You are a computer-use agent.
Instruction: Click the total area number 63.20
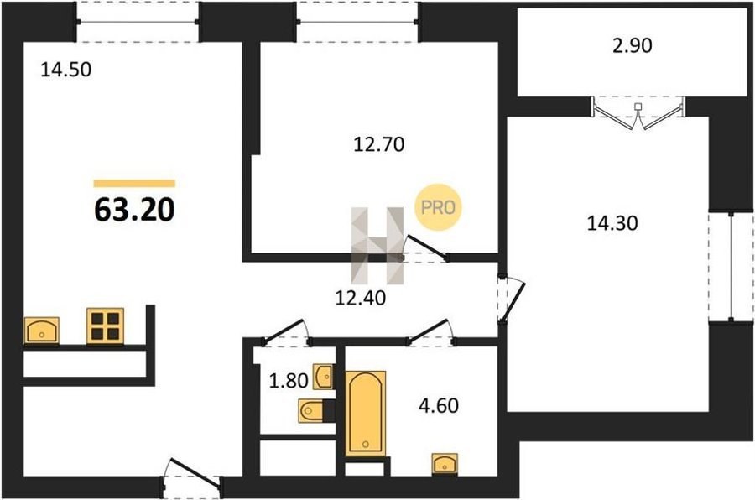click(134, 210)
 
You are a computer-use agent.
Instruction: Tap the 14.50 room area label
click(66, 70)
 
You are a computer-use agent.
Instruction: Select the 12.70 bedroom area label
click(379, 144)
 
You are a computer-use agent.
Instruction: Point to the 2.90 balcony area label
click(633, 44)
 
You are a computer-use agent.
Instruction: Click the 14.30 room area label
click(612, 223)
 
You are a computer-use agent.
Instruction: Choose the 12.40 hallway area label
click(360, 298)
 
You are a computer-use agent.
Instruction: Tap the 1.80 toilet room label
click(288, 381)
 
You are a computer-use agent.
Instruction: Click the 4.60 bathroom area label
click(439, 405)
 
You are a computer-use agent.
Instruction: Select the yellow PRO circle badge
click(438, 207)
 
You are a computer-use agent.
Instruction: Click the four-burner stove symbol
click(105, 326)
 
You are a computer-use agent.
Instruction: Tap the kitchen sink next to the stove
click(41, 331)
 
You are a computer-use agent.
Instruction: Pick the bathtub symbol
click(366, 414)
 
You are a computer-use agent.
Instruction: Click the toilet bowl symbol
click(311, 411)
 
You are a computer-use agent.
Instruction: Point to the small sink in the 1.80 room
click(323, 377)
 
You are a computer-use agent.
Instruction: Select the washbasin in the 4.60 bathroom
click(445, 463)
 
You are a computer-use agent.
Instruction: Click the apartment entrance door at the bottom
click(192, 478)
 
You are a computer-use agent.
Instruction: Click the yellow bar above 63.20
click(134, 183)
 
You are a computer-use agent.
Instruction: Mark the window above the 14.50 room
click(138, 22)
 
